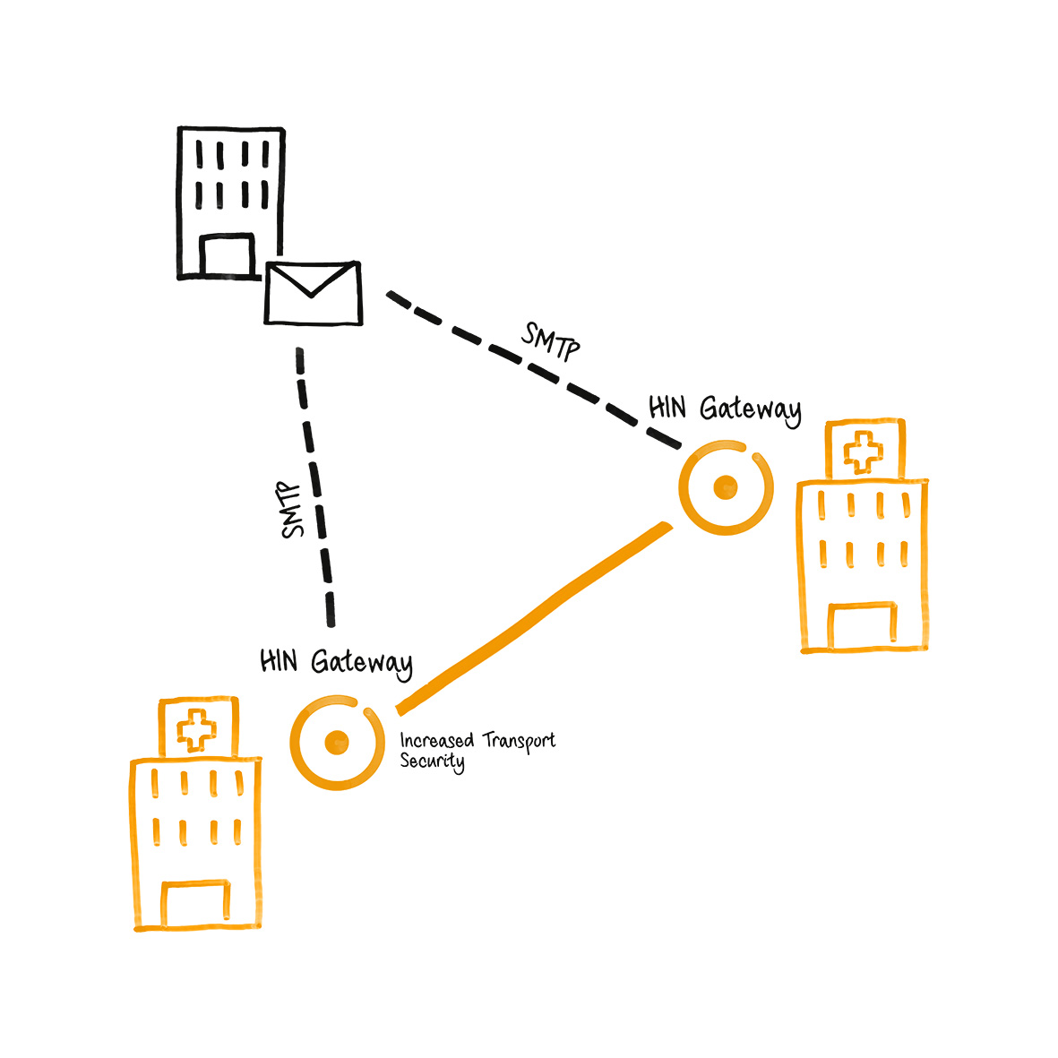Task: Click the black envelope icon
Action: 314,293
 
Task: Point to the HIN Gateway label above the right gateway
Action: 724,409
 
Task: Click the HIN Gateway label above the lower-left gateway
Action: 336,663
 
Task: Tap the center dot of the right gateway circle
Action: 725,488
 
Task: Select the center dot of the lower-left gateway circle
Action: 336,741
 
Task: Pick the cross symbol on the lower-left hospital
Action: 196,730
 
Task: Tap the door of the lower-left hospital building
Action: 195,905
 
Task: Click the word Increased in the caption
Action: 437,741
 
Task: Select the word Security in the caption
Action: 432,762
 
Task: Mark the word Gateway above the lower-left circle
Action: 362,664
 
